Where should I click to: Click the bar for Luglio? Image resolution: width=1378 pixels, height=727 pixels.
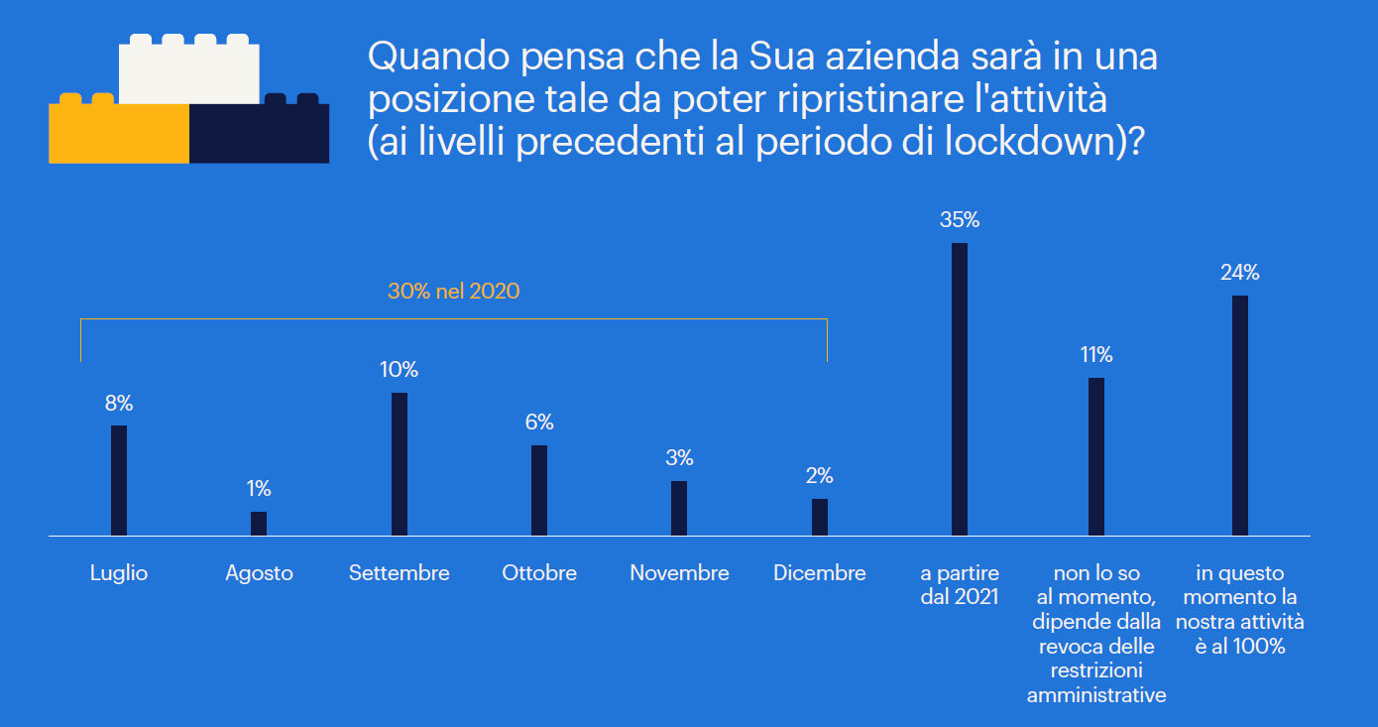(119, 480)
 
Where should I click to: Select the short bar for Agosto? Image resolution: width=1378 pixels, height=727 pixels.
(259, 524)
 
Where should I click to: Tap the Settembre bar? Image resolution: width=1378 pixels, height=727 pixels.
(400, 464)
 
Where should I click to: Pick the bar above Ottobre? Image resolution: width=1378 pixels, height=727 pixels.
(539, 490)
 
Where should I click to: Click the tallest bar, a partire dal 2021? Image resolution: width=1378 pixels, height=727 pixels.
(959, 389)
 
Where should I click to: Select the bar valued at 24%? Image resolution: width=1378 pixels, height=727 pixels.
(1239, 415)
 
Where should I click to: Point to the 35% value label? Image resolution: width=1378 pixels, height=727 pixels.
(959, 220)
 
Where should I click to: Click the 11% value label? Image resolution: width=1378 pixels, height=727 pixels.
(1096, 354)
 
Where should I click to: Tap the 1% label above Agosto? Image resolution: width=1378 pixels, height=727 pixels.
(259, 488)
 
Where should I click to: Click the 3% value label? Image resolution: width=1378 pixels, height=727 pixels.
(679, 458)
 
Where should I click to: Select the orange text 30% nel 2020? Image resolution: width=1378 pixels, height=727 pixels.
(453, 292)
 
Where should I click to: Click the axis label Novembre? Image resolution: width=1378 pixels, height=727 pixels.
(679, 573)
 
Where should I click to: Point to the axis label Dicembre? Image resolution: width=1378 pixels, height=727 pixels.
(819, 573)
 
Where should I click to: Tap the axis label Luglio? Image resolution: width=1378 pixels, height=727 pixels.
(119, 573)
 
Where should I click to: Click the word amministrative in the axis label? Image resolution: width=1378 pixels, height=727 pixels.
(1096, 695)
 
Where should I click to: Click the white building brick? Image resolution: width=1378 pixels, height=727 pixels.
(188, 71)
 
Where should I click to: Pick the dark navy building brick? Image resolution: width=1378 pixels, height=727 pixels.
(260, 134)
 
